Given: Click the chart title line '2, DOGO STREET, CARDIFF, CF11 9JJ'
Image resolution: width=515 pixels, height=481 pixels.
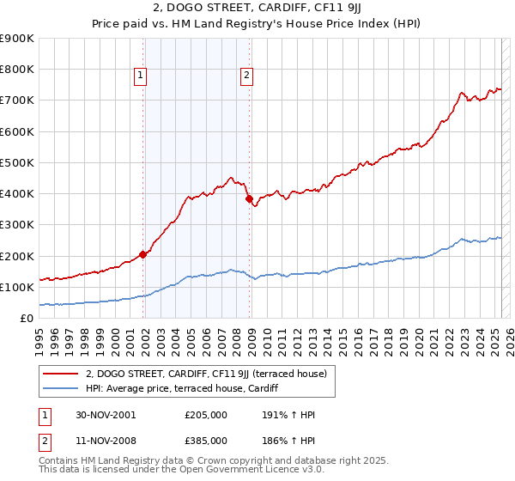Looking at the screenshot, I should pyautogui.click(x=257, y=9).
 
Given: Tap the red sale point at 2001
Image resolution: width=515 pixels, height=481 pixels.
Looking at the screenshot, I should pyautogui.click(x=142, y=254).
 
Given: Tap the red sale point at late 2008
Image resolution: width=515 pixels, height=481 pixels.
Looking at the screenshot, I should pyautogui.click(x=249, y=198).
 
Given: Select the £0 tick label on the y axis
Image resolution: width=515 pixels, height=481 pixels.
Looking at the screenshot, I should pyautogui.click(x=27, y=318).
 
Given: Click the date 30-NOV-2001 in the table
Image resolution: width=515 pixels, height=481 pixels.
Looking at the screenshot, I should pyautogui.click(x=106, y=415).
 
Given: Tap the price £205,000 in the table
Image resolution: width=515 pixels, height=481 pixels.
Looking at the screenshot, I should pyautogui.click(x=206, y=415).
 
